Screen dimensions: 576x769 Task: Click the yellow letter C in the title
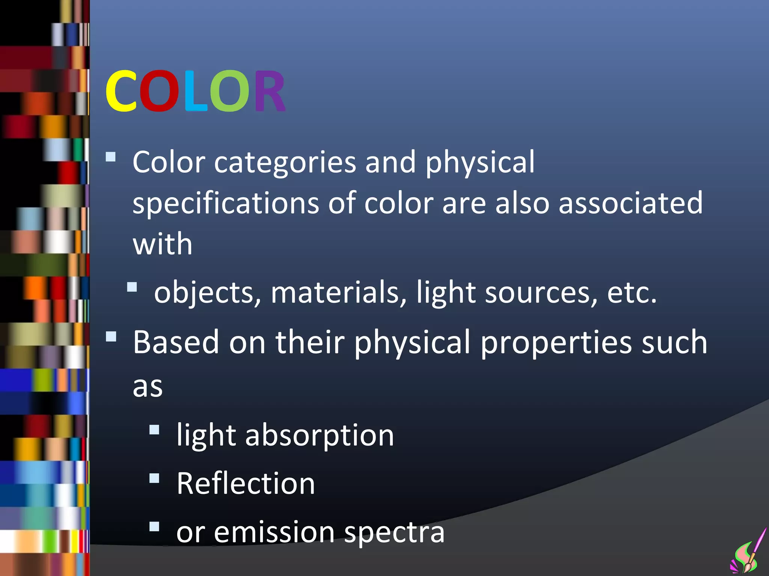pos(121,91)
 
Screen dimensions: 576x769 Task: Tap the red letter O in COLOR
pos(159,91)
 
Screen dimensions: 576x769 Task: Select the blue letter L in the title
pos(195,91)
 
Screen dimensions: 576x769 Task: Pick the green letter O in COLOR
pos(229,91)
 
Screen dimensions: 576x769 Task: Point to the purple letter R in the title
pos(270,91)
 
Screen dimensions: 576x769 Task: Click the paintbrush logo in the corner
pos(749,553)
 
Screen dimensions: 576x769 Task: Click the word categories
pos(285,163)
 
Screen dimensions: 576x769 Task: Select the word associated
pos(630,203)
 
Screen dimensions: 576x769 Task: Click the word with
pos(163,244)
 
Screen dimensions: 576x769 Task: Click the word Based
pos(176,342)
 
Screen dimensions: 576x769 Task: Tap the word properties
pos(556,343)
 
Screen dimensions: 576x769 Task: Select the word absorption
pos(319,436)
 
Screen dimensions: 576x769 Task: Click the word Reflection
pos(246,484)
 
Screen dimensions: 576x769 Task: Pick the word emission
pos(274,532)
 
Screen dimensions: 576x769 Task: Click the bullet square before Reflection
pos(154,478)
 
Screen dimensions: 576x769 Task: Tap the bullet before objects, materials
pos(132,287)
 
